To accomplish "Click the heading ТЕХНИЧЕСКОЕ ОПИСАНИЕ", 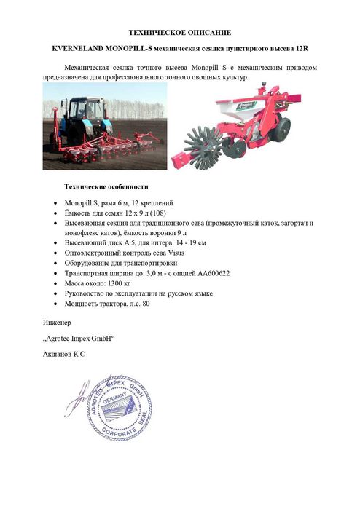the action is pos(179,33).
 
